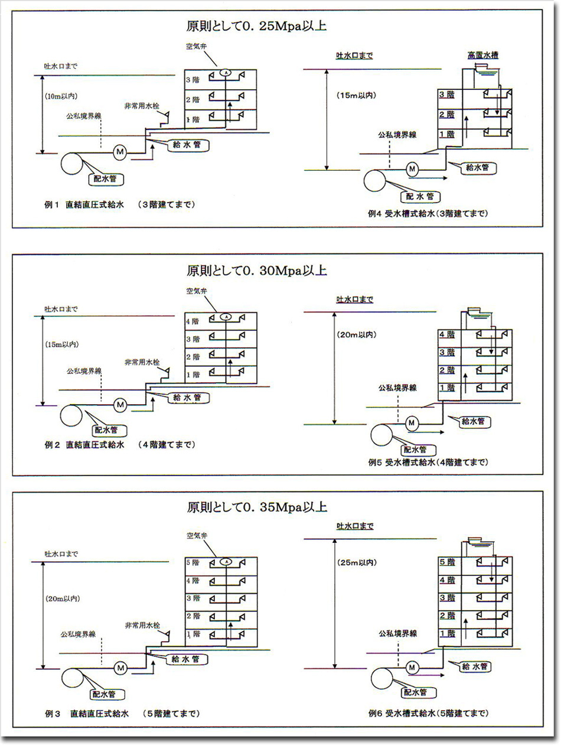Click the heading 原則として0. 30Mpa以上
coord(257,271)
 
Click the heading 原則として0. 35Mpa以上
coord(257,507)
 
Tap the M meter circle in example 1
coord(120,152)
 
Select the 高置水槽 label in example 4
coord(483,56)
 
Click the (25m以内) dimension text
coord(355,563)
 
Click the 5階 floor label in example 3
coord(192,563)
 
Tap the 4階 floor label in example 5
coord(447,334)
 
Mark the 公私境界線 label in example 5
coord(398,388)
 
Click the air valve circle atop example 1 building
coord(225,71)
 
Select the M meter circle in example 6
coord(412,667)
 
